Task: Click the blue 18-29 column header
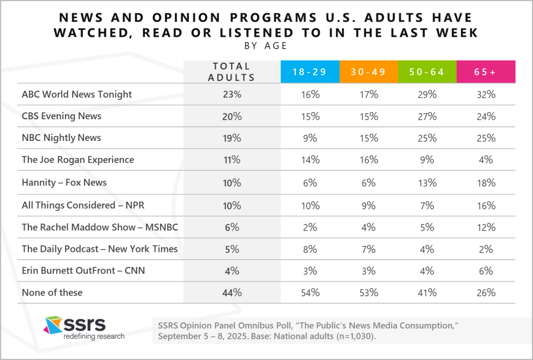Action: coord(310,72)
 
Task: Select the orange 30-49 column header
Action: coord(369,72)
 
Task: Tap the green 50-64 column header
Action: coord(427,72)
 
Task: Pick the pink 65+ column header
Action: coord(486,72)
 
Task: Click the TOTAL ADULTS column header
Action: coord(232,72)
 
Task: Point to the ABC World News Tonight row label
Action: coord(77,94)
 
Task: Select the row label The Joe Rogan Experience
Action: coord(78,160)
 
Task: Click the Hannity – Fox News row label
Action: coord(64,182)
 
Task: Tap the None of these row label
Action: coord(52,292)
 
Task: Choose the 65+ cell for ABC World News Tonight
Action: coord(486,94)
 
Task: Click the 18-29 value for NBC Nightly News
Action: coord(310,138)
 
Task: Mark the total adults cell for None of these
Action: coord(232,292)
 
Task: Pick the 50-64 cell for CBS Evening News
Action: coord(427,116)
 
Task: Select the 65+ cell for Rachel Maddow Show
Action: coord(486,227)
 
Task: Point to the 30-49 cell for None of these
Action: coord(369,292)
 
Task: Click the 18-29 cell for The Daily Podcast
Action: coord(310,249)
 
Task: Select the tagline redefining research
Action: coord(94,336)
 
